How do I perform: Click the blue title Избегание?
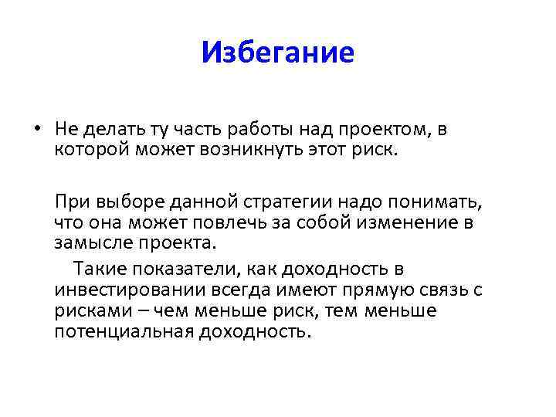277,53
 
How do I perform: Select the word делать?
109,130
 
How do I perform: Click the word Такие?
98,270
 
